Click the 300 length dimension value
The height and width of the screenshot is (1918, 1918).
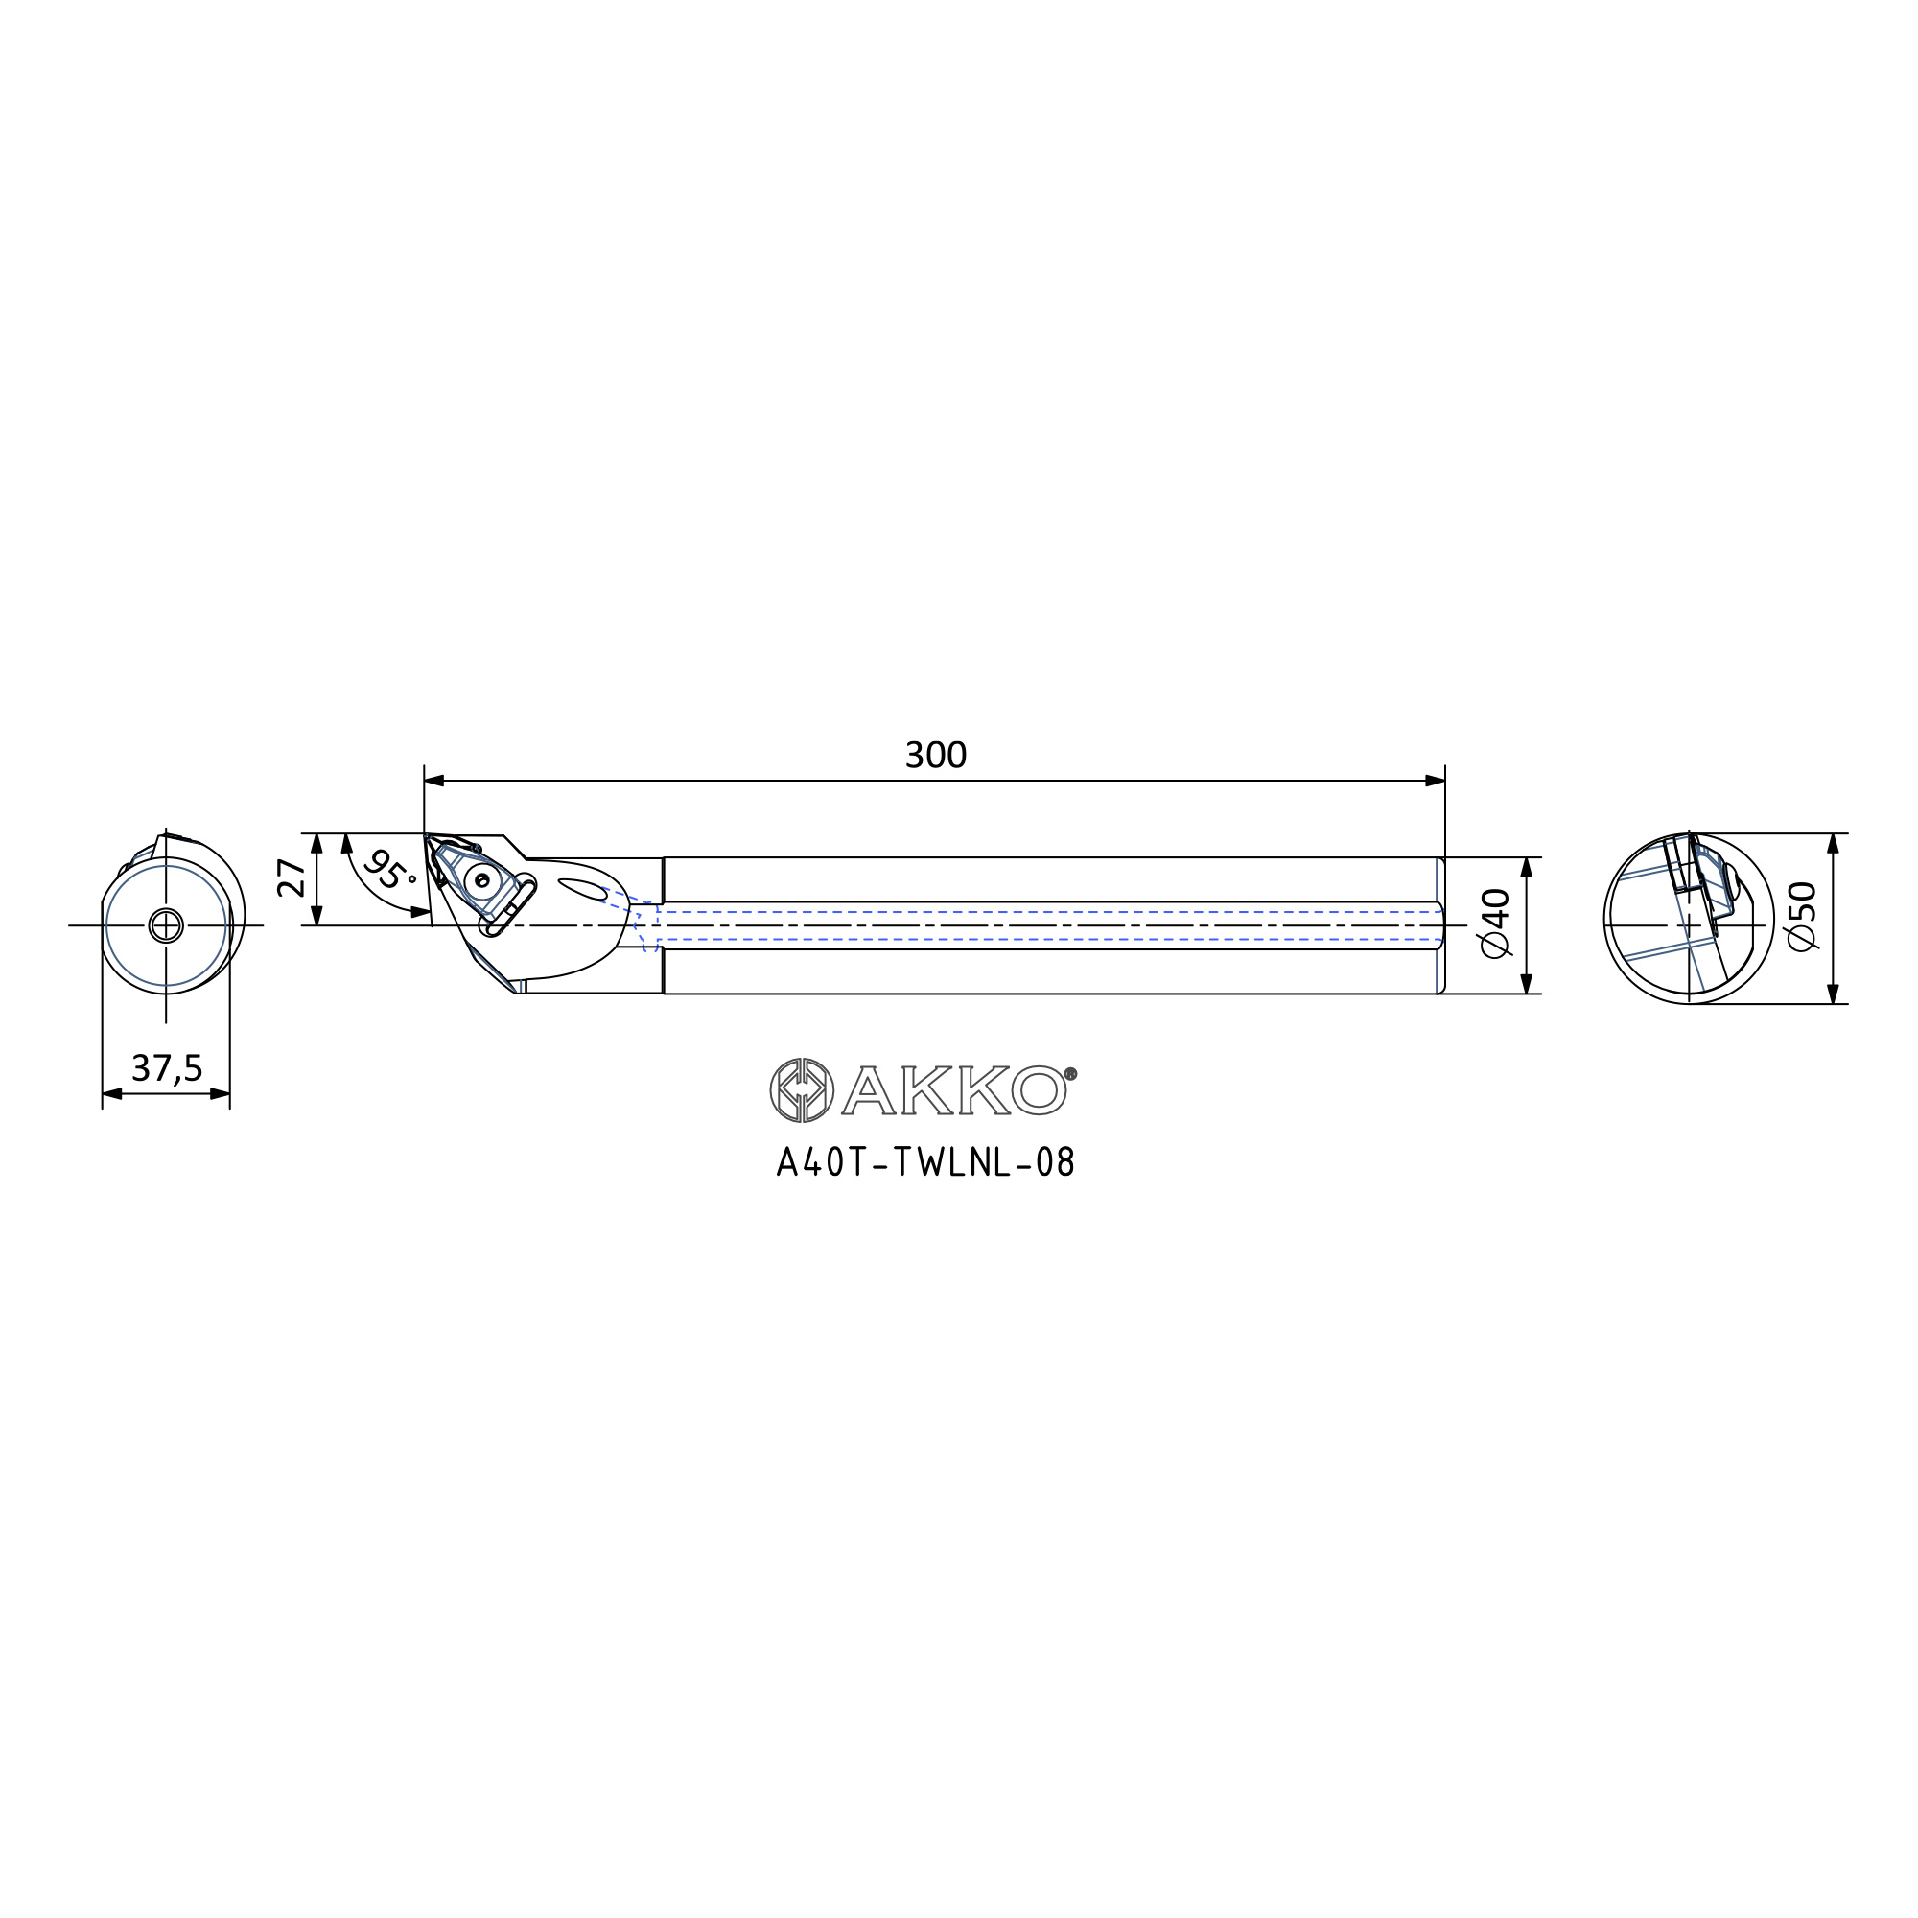point(935,756)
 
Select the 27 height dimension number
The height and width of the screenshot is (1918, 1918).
point(292,878)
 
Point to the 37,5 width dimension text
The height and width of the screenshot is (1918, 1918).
point(167,1068)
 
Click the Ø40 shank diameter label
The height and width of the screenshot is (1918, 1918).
point(1495,924)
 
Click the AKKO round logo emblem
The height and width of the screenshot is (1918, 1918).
point(801,1090)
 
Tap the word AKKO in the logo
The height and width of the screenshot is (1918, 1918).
point(954,1091)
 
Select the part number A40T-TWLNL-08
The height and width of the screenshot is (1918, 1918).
point(925,1162)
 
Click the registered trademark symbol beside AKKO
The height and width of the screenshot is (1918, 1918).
point(1070,1073)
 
